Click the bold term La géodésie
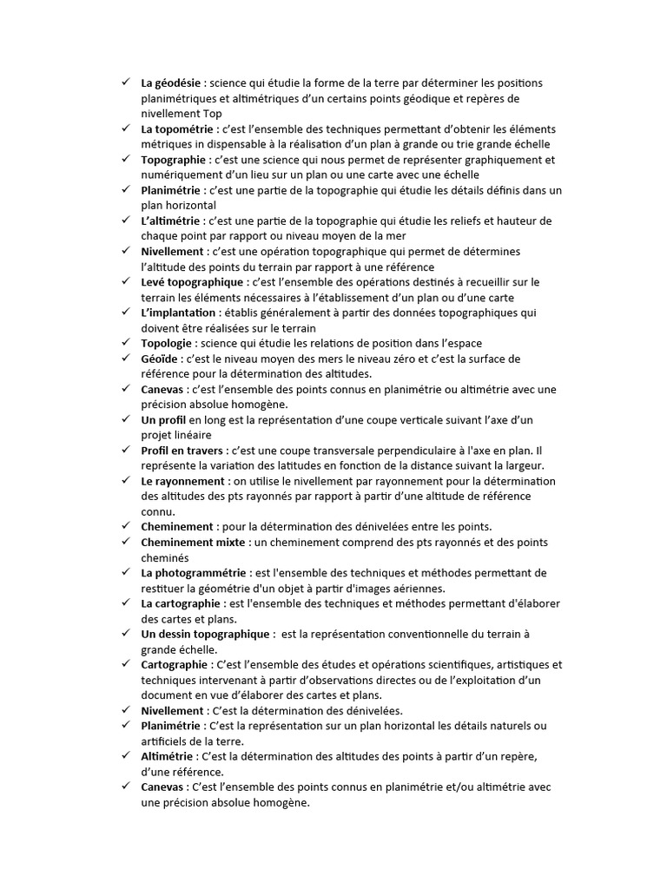coord(172,82)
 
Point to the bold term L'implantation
coord(177,313)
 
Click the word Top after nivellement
coord(212,113)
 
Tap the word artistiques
coord(518,665)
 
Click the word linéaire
coord(190,435)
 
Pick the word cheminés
coord(165,557)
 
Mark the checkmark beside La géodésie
coord(126,82)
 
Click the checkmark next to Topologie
coord(126,343)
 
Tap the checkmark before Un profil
coord(126,419)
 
